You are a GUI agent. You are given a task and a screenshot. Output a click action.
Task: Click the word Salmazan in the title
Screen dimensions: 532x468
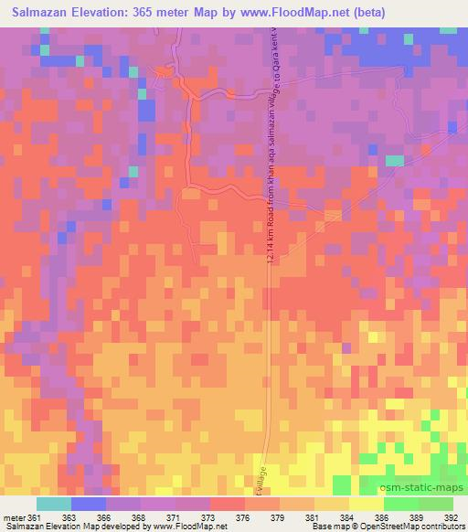[47, 12]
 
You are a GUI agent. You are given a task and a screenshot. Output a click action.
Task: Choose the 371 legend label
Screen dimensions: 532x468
[168, 517]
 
